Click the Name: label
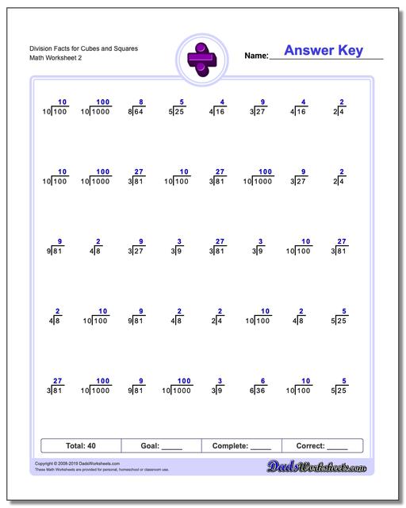click(x=255, y=56)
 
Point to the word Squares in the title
click(x=124, y=48)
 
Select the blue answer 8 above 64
click(x=140, y=102)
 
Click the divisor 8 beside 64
click(x=130, y=114)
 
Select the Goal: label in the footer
click(x=149, y=446)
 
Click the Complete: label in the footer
click(x=229, y=446)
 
